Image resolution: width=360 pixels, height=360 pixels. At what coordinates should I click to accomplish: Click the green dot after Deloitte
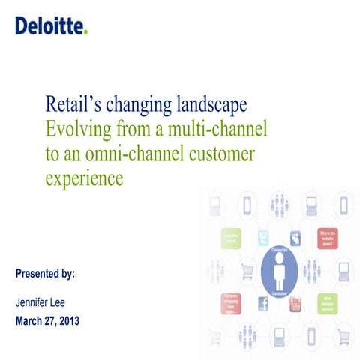[85, 31]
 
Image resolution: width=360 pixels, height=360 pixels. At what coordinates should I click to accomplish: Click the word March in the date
[32, 321]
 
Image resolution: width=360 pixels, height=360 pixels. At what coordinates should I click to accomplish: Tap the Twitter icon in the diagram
[263, 238]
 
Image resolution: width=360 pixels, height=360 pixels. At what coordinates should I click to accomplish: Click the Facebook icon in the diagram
[263, 302]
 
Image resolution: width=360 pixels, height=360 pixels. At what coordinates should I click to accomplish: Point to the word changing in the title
[142, 103]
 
